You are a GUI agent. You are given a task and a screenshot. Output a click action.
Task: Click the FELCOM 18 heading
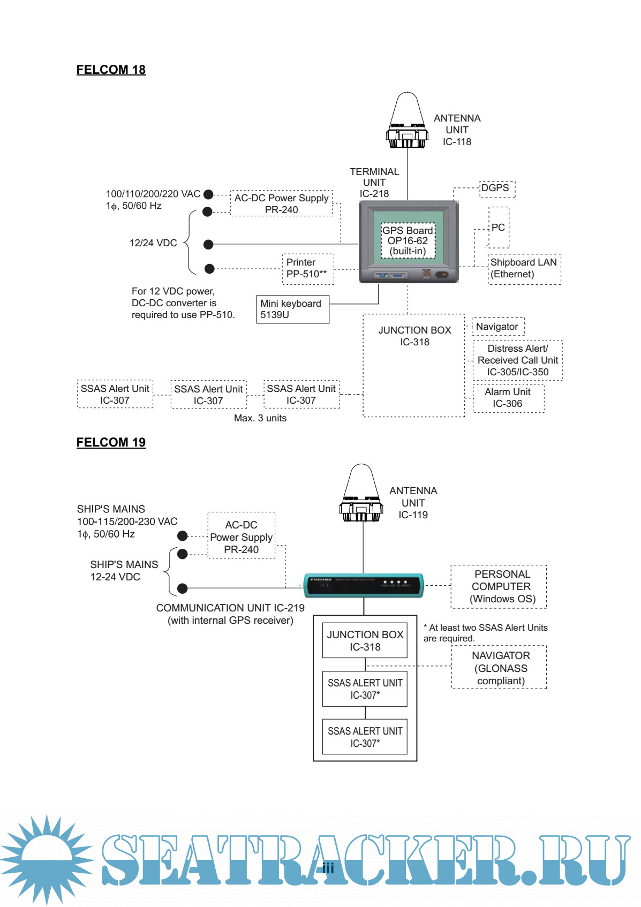coord(111,70)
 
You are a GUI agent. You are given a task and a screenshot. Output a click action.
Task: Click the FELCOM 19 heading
coord(111,442)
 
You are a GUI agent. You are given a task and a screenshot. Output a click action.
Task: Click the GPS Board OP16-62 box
coord(408,241)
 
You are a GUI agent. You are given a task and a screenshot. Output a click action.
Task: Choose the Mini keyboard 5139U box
coord(292,309)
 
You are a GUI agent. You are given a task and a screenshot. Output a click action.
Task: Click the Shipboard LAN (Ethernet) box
coord(524,269)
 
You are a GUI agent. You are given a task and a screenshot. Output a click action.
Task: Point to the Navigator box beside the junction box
coord(498,327)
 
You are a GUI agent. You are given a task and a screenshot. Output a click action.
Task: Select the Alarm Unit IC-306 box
coord(508,398)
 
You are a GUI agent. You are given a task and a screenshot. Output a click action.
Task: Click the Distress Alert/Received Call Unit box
coord(517,360)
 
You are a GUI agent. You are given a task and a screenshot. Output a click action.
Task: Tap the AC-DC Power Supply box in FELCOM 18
coord(282,203)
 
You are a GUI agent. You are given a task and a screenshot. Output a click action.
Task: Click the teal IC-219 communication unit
coord(364,585)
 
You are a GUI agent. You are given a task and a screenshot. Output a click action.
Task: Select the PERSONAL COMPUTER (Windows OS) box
coord(499,587)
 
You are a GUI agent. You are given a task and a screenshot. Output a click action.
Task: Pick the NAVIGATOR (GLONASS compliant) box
coord(499,668)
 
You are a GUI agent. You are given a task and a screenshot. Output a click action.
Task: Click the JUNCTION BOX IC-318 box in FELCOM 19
coord(365,640)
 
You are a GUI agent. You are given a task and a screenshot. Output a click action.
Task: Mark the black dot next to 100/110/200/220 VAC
coord(208,194)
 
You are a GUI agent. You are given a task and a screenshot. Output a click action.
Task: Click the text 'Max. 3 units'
coord(260,418)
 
